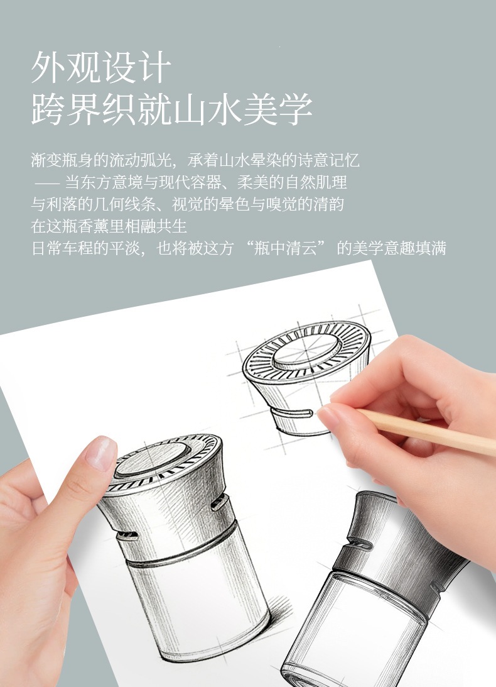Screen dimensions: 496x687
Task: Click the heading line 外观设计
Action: click(100, 67)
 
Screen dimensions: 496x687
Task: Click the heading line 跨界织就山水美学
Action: click(171, 109)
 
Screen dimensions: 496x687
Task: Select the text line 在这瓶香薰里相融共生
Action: click(109, 226)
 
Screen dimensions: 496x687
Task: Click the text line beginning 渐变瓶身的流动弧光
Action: click(195, 160)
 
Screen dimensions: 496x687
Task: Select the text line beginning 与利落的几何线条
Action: click(187, 204)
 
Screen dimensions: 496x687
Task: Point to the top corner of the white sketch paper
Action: click(371, 261)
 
